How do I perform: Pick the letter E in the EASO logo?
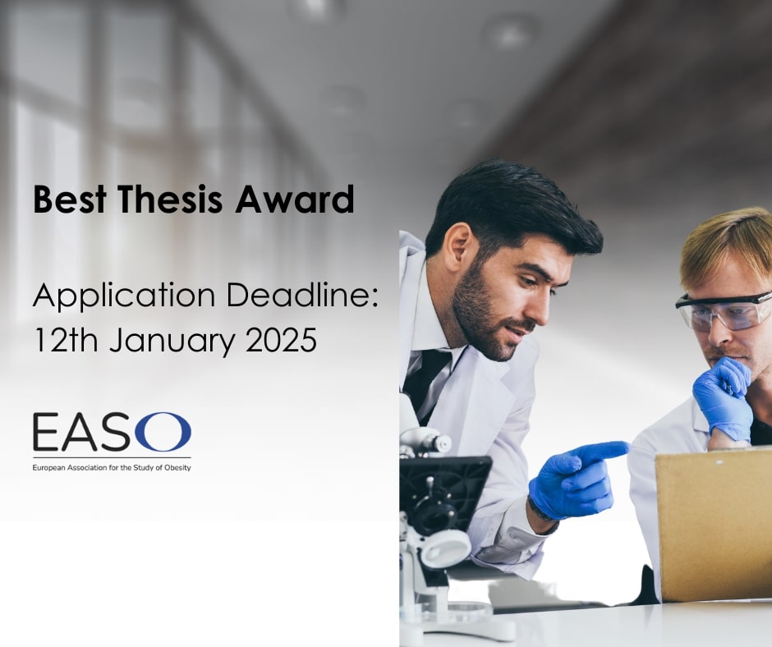(x=46, y=433)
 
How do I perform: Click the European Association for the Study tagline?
(x=112, y=468)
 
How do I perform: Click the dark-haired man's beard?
(x=480, y=316)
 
